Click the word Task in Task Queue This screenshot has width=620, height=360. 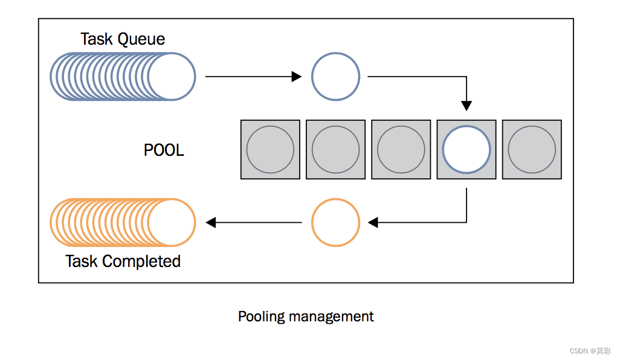[97, 39]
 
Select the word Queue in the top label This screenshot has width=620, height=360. [141, 39]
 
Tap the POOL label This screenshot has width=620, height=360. [164, 150]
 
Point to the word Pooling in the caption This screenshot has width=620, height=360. [261, 317]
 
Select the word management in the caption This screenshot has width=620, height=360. [331, 317]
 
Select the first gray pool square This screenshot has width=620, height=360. [271, 150]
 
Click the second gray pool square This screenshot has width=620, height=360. [336, 150]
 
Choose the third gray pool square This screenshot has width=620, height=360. [401, 150]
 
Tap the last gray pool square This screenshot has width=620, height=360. [532, 150]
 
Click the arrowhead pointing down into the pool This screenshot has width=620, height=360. [467, 106]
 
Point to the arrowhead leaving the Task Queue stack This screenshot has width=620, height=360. [297, 76]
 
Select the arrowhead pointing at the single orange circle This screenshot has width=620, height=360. [373, 222]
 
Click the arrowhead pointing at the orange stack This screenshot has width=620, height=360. [211, 222]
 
